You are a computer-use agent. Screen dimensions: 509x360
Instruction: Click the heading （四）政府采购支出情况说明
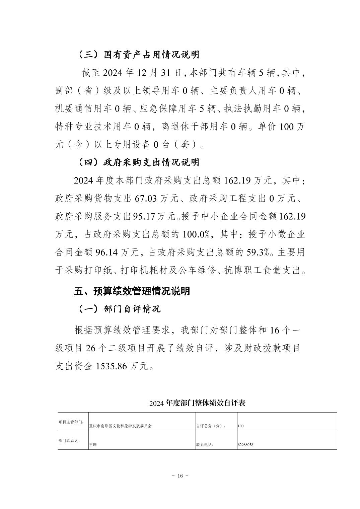pyautogui.click(x=138, y=162)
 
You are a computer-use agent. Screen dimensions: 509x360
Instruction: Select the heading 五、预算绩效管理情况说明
pyautogui.click(x=132, y=291)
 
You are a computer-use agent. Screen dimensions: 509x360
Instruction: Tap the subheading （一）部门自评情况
pyautogui.click(x=119, y=308)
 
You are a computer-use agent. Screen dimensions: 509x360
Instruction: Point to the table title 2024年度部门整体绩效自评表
pyautogui.click(x=198, y=403)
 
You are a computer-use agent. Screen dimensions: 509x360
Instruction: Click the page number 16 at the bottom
pyautogui.click(x=180, y=476)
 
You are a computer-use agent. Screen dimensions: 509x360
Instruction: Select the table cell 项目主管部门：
pyautogui.click(x=71, y=422)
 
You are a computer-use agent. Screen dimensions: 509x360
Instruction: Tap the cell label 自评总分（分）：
pyautogui.click(x=211, y=426)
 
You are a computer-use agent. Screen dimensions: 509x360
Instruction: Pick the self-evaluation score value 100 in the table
pyautogui.click(x=240, y=426)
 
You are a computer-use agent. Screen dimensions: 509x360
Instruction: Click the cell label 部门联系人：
pyautogui.click(x=69, y=441)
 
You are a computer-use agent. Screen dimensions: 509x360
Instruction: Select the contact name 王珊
pyautogui.click(x=93, y=445)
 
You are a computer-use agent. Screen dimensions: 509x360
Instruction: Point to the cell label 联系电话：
pyautogui.click(x=205, y=445)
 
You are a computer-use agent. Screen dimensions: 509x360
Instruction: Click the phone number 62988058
pyautogui.click(x=245, y=445)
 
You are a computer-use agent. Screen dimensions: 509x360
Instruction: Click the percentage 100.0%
pyautogui.click(x=198, y=234)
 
